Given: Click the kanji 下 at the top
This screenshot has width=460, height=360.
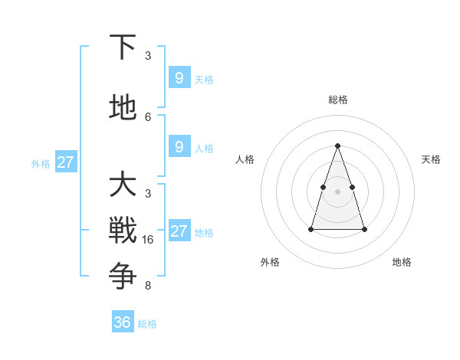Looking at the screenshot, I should click(x=123, y=47).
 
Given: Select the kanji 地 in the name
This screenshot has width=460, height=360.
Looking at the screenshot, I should click(x=123, y=108).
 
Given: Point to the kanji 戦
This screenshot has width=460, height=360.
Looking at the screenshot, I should click(x=123, y=230).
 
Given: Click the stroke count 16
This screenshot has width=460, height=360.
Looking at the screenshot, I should click(x=148, y=240).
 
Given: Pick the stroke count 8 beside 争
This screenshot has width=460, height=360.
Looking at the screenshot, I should click(x=148, y=286).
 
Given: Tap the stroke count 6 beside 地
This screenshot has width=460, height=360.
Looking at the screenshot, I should click(x=148, y=117).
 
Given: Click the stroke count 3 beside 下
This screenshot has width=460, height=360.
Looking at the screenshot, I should click(x=148, y=56).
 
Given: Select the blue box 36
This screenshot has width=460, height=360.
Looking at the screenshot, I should click(x=123, y=322).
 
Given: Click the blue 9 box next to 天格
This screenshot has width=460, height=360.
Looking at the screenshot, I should click(x=179, y=78).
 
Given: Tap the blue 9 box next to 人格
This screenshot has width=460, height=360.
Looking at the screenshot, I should click(x=179, y=147).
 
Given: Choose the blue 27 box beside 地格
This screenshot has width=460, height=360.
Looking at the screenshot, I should click(x=179, y=231).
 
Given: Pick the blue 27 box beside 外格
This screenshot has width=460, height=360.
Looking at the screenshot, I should click(x=65, y=162).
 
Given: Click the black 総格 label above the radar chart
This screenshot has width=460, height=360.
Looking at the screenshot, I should click(x=338, y=100).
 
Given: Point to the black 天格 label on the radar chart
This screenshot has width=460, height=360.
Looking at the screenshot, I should click(x=431, y=159).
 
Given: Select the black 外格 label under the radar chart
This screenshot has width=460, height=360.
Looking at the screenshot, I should click(x=270, y=262).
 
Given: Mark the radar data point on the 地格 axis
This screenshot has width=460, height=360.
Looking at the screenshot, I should click(x=364, y=229).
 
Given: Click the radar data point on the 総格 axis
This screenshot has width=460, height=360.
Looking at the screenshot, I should click(x=338, y=146).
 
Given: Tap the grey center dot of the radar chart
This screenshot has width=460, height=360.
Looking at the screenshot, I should click(x=338, y=191).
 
